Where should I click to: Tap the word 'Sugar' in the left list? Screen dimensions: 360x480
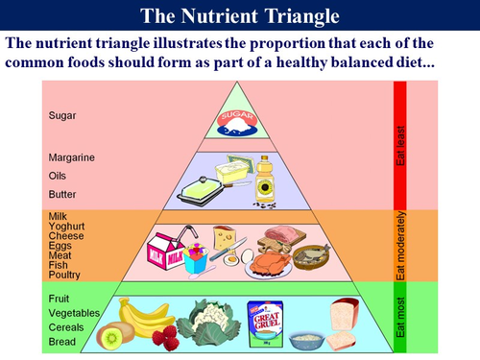62,116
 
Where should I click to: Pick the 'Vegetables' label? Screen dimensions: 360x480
75,313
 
